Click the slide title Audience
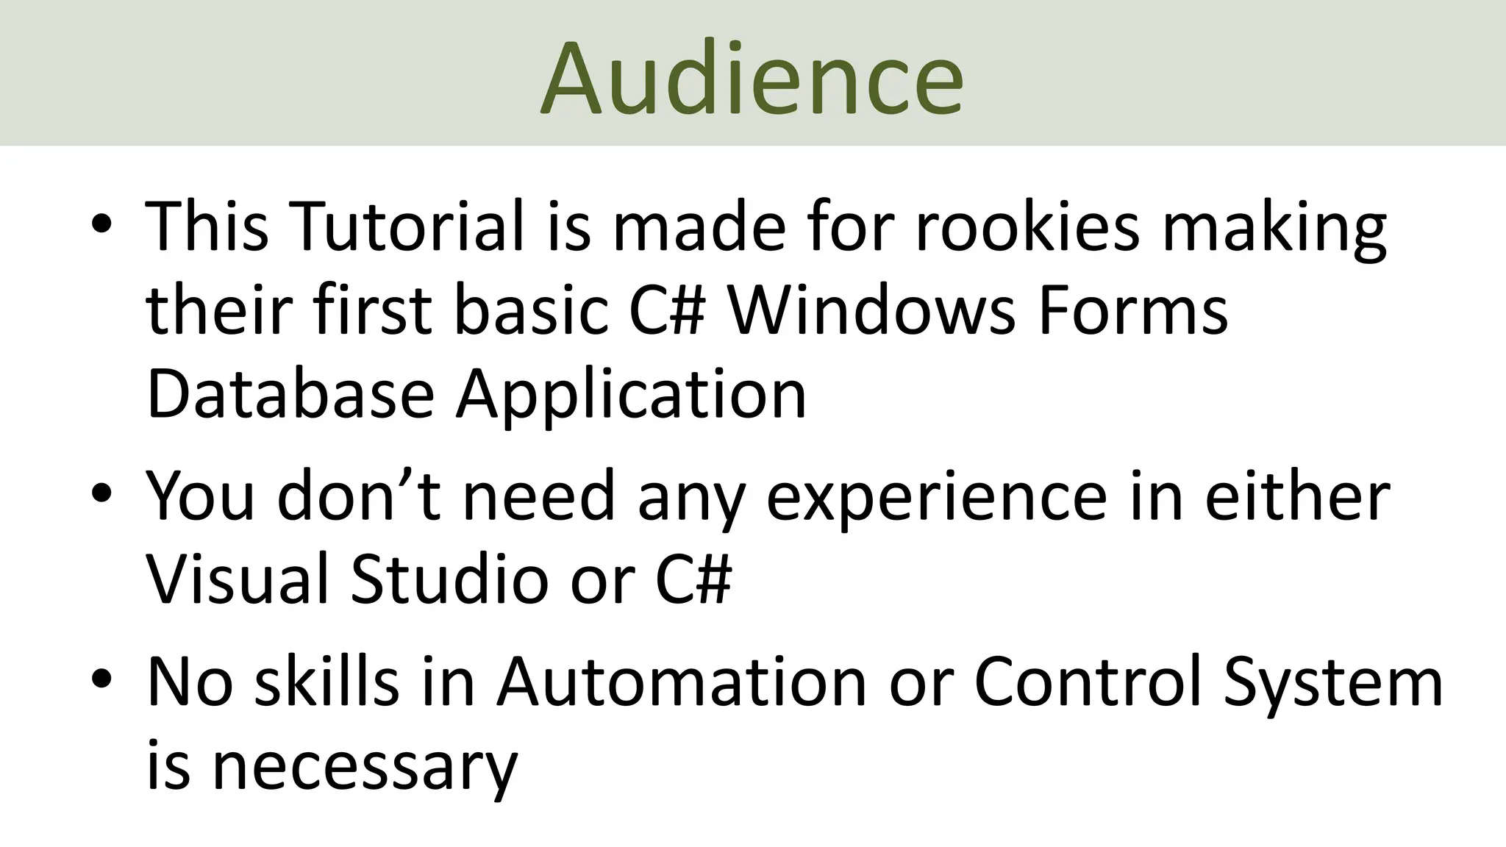click(752, 78)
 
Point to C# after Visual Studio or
click(693, 579)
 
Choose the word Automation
click(682, 682)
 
